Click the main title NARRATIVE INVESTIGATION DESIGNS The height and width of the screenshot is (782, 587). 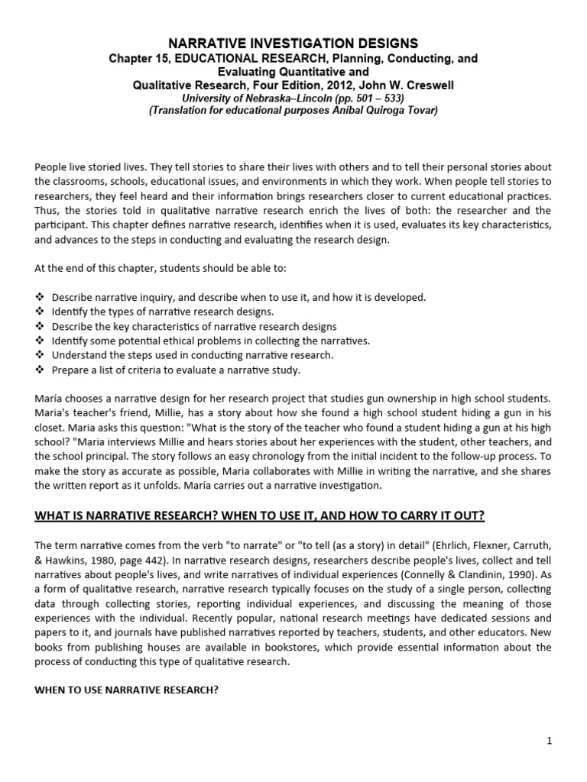[x=293, y=44]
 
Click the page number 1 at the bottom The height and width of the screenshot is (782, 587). [x=549, y=740]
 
